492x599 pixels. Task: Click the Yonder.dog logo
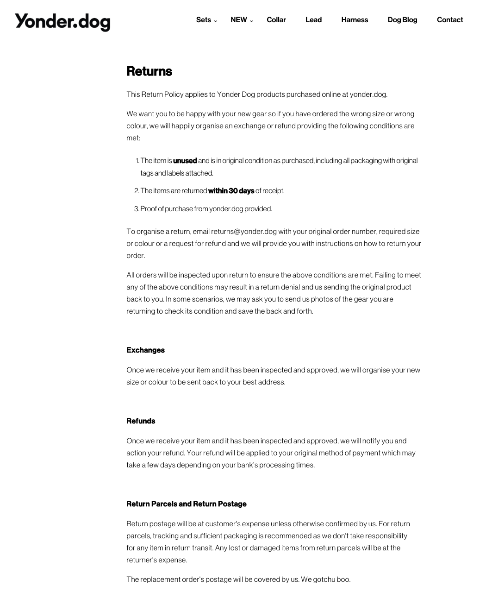(x=62, y=22)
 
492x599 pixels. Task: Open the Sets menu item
(x=203, y=20)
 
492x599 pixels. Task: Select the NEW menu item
(x=239, y=20)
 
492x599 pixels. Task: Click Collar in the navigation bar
(x=276, y=20)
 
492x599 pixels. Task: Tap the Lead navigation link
(x=313, y=20)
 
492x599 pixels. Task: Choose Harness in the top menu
(x=355, y=20)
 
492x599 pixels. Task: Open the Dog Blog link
(x=402, y=20)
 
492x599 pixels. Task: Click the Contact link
(x=449, y=20)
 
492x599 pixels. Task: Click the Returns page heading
(x=149, y=71)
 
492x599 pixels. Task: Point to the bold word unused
(x=185, y=161)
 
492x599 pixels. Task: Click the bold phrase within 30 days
(x=231, y=191)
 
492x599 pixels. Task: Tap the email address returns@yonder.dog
(x=244, y=232)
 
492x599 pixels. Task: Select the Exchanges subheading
(x=145, y=350)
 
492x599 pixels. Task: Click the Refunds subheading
(x=141, y=421)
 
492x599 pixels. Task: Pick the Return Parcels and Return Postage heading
(x=186, y=504)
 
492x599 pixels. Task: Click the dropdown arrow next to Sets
(x=215, y=21)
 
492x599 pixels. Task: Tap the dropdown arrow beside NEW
(x=251, y=21)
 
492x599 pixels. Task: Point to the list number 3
(x=137, y=209)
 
